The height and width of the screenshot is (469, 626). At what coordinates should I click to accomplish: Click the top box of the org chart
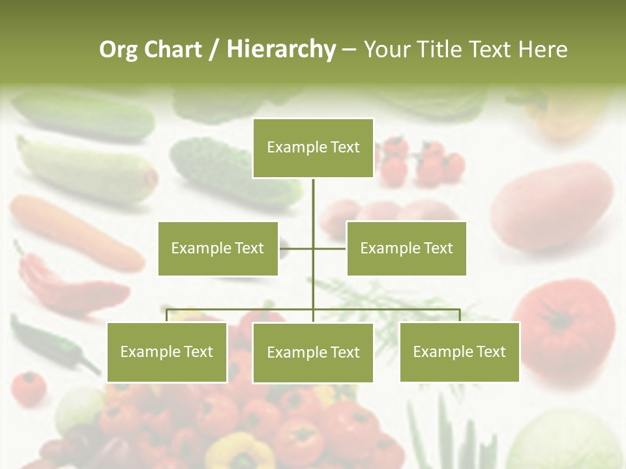click(x=313, y=148)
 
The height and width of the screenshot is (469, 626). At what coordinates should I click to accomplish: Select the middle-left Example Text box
click(x=218, y=248)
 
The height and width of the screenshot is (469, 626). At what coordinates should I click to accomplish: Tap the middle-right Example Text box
click(x=406, y=248)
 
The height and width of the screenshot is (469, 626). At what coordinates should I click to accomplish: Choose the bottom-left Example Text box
click(x=167, y=352)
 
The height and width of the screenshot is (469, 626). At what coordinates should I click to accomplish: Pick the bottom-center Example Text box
click(x=313, y=352)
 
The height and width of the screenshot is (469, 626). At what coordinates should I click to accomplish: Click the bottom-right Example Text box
click(x=459, y=352)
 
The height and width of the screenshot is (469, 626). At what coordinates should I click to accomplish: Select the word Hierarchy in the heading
click(x=281, y=50)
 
